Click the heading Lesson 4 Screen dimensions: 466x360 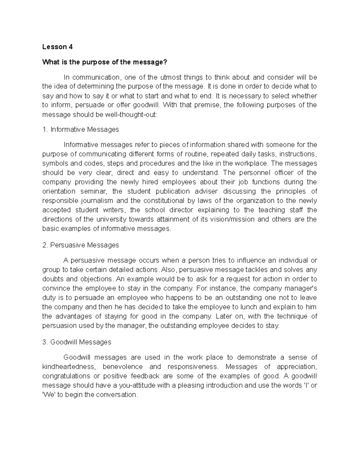(57, 47)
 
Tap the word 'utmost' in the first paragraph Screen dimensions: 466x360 (170, 77)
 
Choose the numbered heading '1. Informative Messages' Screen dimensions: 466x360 (81, 129)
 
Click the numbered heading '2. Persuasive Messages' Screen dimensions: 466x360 (81, 245)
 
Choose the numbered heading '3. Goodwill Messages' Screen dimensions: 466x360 (77, 342)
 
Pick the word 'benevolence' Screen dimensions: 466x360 (123, 367)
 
